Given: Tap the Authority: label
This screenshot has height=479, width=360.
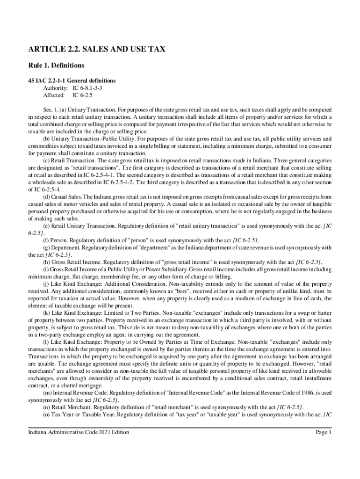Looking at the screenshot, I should tap(55, 88).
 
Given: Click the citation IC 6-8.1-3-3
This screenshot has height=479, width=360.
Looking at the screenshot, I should tap(87, 88).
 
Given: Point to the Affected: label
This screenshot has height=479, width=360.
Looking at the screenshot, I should tap(54, 95).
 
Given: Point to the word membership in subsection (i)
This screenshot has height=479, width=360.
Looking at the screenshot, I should tap(102, 277).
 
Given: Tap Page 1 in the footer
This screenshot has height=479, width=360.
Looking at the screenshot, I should tap(323, 433).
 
